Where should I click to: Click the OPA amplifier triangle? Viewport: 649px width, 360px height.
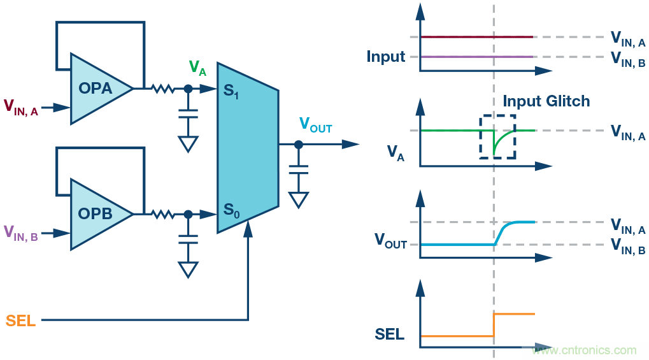click(96, 89)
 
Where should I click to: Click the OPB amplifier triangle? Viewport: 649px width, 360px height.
click(96, 214)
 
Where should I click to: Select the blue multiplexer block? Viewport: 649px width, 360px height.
click(247, 147)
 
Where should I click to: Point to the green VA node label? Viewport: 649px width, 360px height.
click(197, 68)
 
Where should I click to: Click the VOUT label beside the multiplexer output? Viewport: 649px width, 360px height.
click(315, 126)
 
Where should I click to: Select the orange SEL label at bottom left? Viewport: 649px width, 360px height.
click(20, 320)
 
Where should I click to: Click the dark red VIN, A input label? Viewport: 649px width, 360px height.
click(21, 107)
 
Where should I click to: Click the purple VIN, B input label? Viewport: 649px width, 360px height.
click(21, 233)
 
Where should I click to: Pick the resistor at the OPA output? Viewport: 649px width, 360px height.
click(163, 89)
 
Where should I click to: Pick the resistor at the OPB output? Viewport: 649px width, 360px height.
click(163, 214)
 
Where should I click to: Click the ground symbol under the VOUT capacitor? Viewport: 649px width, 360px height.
click(297, 199)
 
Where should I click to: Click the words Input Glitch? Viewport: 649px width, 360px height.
click(546, 101)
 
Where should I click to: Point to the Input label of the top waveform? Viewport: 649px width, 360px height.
click(385, 57)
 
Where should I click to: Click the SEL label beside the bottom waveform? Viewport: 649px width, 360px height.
click(390, 334)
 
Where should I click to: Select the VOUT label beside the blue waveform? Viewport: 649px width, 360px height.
click(390, 241)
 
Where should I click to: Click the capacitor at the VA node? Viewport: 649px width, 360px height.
click(187, 113)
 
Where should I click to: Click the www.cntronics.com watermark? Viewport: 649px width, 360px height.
click(584, 350)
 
